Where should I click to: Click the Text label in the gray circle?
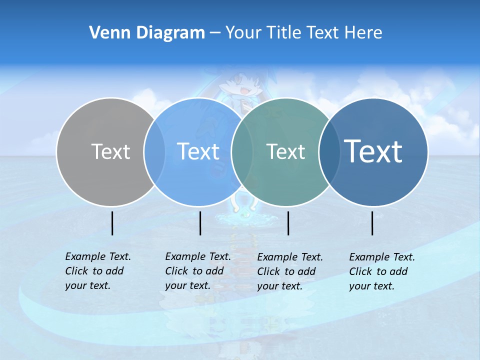pos(110,151)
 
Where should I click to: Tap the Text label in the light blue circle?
pos(198,151)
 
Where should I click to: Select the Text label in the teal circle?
pos(285,151)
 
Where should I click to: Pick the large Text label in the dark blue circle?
pos(373,151)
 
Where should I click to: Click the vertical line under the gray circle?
pos(112,223)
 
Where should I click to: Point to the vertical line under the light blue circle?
pos(200,223)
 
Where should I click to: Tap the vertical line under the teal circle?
pos(288,223)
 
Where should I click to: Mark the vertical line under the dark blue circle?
pos(372,223)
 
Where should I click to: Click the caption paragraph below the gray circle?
pos(97,271)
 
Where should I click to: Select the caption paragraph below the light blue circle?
pos(197,271)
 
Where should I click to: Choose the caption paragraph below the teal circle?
pos(289,271)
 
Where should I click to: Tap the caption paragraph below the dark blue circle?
pos(381,271)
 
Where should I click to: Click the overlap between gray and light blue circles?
pos(154,152)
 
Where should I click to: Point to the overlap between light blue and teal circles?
pos(241,152)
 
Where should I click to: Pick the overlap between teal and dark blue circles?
pos(327,152)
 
